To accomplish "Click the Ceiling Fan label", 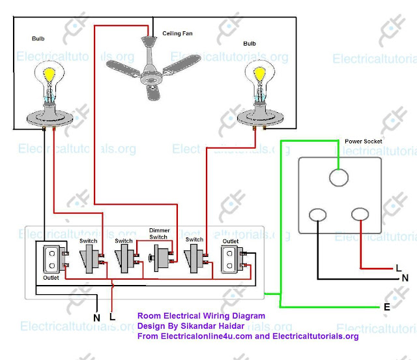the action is click(x=177, y=33).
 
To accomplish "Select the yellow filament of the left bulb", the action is click(x=50, y=74).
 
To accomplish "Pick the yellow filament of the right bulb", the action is click(x=260, y=74).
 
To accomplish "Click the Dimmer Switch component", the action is click(x=161, y=258).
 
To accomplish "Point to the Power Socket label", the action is click(x=364, y=142).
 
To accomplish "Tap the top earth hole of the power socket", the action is click(x=339, y=177).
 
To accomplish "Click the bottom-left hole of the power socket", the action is click(x=317, y=215).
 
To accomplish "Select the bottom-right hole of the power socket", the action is click(x=360, y=214).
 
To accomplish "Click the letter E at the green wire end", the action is click(x=387, y=307).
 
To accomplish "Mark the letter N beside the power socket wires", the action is click(x=405, y=278).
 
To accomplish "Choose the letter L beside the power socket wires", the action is click(x=398, y=268).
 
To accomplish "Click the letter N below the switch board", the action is click(x=96, y=318).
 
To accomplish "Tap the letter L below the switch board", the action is click(x=112, y=316).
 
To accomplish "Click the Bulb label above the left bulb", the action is click(x=38, y=38).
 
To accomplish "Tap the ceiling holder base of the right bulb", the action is click(x=260, y=117).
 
